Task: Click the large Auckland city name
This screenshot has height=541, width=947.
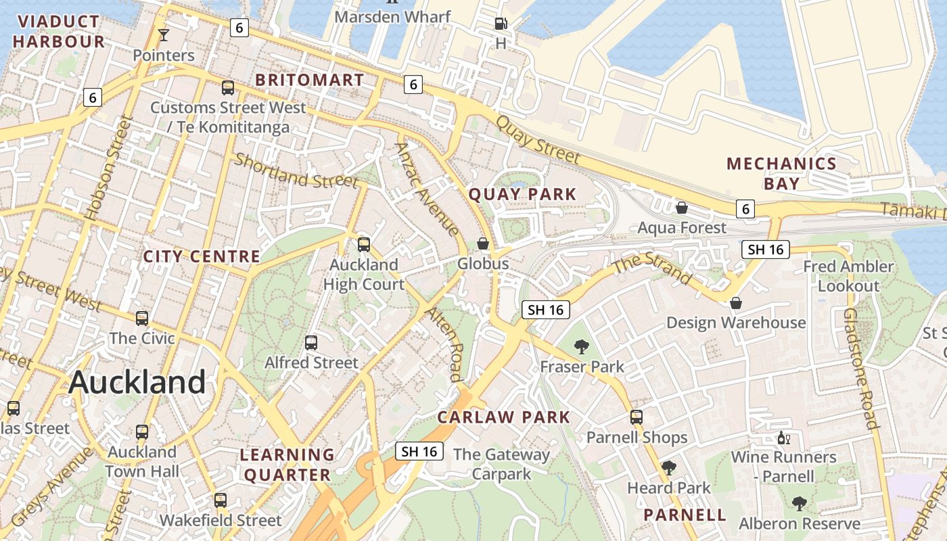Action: pyautogui.click(x=137, y=383)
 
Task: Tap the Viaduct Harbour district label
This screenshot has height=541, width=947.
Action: pyautogui.click(x=59, y=32)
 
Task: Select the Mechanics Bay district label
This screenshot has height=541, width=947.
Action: pyautogui.click(x=781, y=173)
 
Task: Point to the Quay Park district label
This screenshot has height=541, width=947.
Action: pyautogui.click(x=522, y=195)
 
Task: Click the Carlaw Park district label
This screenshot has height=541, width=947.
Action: pyautogui.click(x=503, y=417)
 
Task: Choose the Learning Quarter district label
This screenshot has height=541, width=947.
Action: pyautogui.click(x=287, y=465)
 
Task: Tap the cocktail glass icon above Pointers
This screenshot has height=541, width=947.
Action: pyautogui.click(x=163, y=34)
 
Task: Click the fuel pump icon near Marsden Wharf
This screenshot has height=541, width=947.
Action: pyautogui.click(x=501, y=24)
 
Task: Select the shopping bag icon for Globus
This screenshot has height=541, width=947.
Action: pyautogui.click(x=483, y=243)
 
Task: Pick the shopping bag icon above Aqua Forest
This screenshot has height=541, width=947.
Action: pyautogui.click(x=682, y=208)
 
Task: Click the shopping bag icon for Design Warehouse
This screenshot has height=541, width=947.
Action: pyautogui.click(x=736, y=303)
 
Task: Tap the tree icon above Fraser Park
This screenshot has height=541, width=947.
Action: pyautogui.click(x=581, y=347)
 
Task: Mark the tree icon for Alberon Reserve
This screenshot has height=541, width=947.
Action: pyautogui.click(x=799, y=504)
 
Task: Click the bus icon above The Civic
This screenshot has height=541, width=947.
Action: pyautogui.click(x=142, y=319)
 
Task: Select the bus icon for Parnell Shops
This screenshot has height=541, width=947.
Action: pyautogui.click(x=637, y=417)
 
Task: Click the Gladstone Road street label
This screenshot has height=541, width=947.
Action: pyautogui.click(x=860, y=369)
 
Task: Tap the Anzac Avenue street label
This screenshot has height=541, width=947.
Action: pyautogui.click(x=428, y=189)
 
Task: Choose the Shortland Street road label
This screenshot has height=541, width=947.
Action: pyautogui.click(x=296, y=170)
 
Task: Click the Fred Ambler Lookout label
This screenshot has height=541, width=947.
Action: pyautogui.click(x=848, y=276)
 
